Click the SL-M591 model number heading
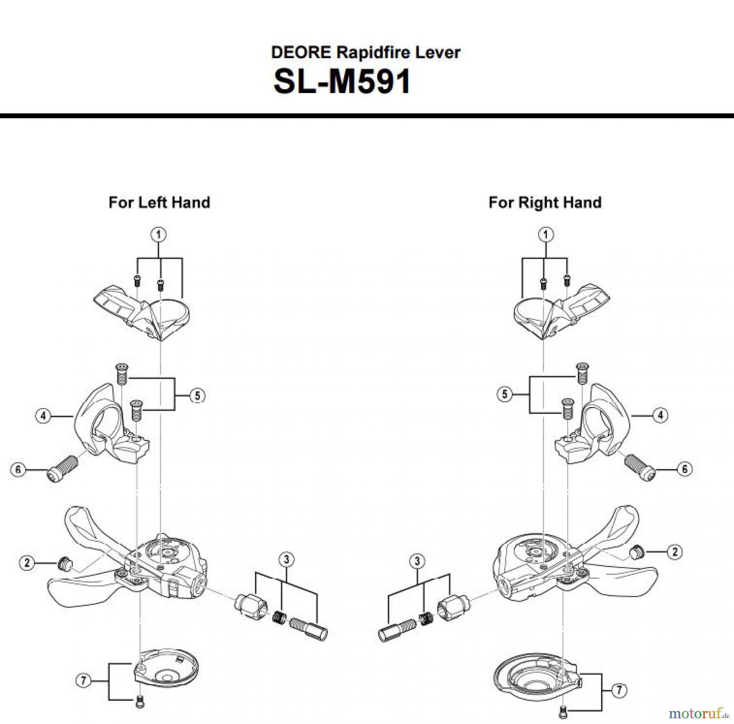click(342, 82)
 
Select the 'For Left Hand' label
click(159, 203)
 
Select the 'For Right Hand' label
click(545, 203)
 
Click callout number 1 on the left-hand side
click(159, 235)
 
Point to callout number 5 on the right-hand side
click(505, 394)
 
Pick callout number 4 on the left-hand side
click(43, 416)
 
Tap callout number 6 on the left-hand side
click(18, 470)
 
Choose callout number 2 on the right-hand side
click(675, 552)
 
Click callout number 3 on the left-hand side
click(286, 559)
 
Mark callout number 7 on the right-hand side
click(619, 690)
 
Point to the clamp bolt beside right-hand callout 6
click(640, 468)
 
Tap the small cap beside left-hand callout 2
click(64, 564)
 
